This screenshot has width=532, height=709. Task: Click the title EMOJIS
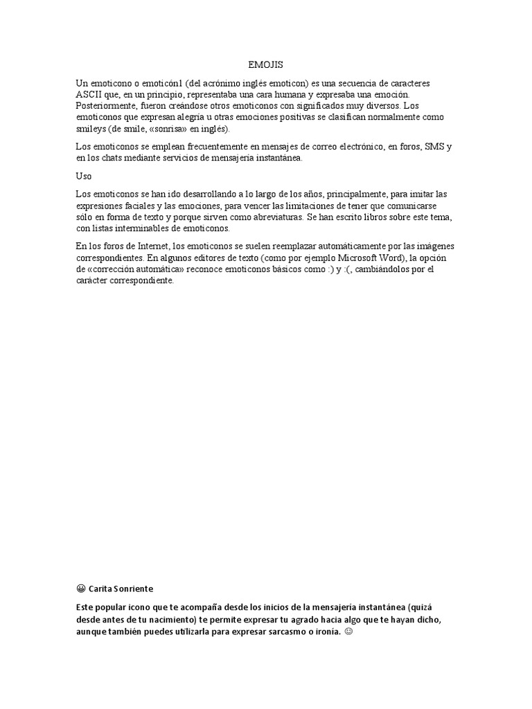pyautogui.click(x=265, y=64)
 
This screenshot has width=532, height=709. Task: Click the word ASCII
pyautogui.click(x=89, y=93)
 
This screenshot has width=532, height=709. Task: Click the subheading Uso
pyautogui.click(x=83, y=176)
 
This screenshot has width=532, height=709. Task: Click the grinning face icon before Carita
pyautogui.click(x=81, y=589)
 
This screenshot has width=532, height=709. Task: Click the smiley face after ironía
pyautogui.click(x=348, y=633)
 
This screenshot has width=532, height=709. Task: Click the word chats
pyautogui.click(x=122, y=158)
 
